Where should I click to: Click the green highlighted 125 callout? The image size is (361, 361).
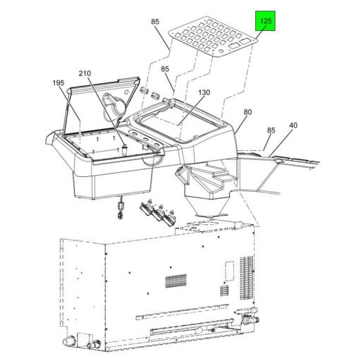[266, 21]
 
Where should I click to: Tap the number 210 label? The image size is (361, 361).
[85, 73]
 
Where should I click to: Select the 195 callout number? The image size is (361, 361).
[59, 83]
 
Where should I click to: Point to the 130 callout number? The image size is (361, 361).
[204, 92]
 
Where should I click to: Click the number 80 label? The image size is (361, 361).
[247, 112]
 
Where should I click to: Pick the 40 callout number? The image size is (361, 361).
[293, 126]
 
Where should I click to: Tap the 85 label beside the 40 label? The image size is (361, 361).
[271, 130]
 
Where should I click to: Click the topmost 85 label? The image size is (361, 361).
[155, 21]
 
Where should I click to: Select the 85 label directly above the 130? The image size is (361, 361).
[165, 69]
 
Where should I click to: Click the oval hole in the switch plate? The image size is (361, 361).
[221, 51]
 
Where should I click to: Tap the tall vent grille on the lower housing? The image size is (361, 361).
[247, 278]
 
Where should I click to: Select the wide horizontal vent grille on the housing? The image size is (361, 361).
[176, 281]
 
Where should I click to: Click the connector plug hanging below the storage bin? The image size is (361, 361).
[121, 208]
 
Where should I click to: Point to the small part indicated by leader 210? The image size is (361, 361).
[124, 149]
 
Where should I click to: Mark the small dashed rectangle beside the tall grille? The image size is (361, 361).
[230, 271]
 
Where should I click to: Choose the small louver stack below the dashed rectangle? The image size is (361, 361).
[224, 291]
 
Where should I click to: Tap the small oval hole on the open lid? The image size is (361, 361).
[126, 91]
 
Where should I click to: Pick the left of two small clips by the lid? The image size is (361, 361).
[145, 90]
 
